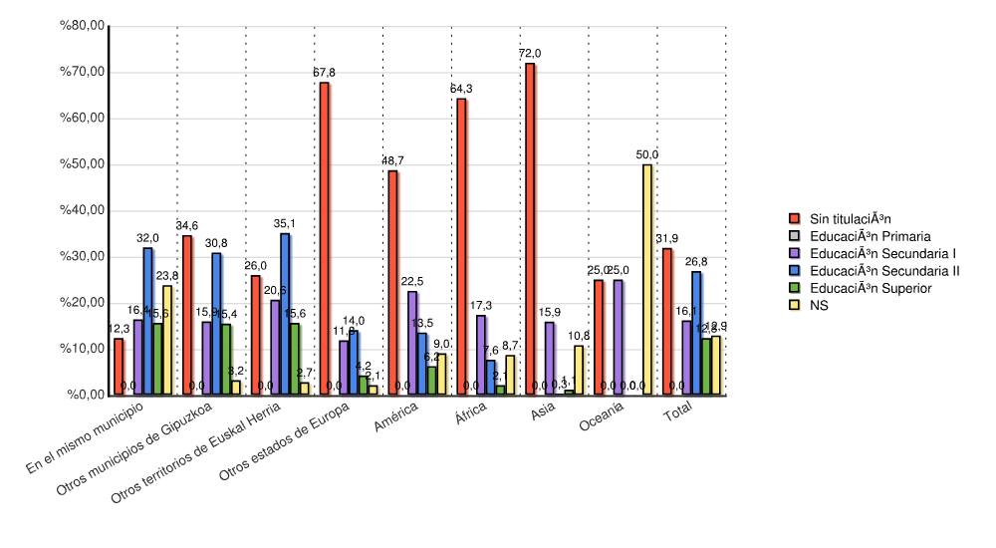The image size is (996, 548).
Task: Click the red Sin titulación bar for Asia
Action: [x=530, y=229]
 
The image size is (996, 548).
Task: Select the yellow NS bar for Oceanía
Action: [x=647, y=279]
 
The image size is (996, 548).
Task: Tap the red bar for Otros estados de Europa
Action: [x=325, y=239]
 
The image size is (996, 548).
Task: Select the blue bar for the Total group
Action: [x=696, y=333]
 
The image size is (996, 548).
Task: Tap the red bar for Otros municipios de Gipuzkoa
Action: [x=187, y=315]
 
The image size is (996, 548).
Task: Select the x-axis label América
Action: [x=396, y=421]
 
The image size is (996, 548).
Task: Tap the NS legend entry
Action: [x=818, y=306]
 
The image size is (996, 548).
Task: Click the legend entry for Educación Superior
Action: [x=870, y=288]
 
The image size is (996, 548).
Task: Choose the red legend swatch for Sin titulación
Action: [x=794, y=218]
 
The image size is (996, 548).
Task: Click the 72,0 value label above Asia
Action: [x=530, y=54]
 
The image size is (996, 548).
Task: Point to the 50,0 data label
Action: [x=647, y=154]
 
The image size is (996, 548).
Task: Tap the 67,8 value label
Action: [x=324, y=73]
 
